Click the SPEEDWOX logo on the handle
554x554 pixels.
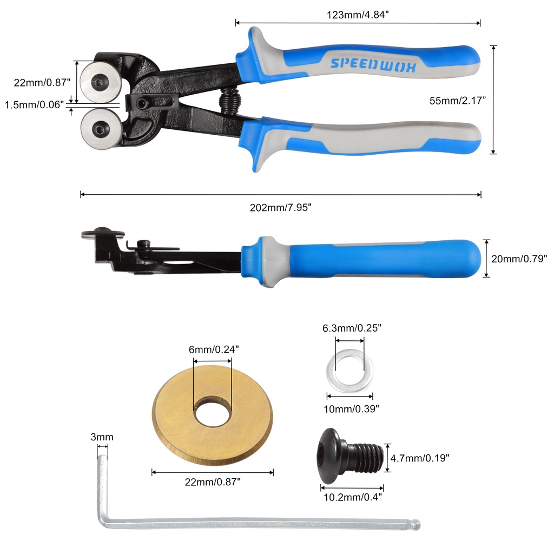(x=373, y=64)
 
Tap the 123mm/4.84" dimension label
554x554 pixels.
(x=358, y=15)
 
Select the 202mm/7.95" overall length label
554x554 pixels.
(x=281, y=207)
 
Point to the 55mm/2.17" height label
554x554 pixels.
(x=458, y=101)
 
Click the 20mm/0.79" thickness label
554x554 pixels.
(x=519, y=259)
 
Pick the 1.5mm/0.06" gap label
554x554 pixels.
(x=34, y=104)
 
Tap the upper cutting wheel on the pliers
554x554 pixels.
(x=101, y=83)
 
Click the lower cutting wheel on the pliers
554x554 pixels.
(x=101, y=129)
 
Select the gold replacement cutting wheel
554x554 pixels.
(x=212, y=415)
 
